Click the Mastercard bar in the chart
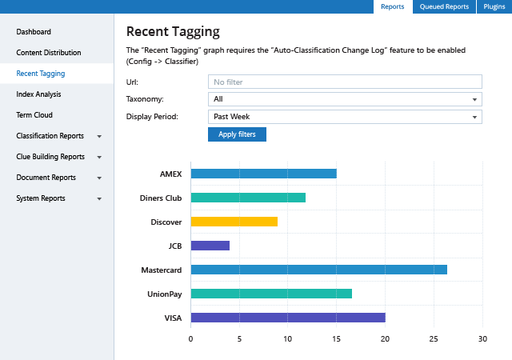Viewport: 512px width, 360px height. (x=318, y=270)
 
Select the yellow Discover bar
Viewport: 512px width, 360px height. (x=234, y=222)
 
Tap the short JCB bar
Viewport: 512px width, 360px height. (x=210, y=246)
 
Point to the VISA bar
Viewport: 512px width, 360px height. (x=288, y=318)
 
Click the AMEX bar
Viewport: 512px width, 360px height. (x=263, y=174)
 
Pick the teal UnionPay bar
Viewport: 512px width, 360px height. (x=271, y=294)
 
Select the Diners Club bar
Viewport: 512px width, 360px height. (x=248, y=198)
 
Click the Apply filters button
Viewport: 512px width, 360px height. (x=237, y=134)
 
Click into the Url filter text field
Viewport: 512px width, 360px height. (x=344, y=82)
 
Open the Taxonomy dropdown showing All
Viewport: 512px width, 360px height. (x=344, y=99)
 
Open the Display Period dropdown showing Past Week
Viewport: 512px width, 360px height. (x=344, y=117)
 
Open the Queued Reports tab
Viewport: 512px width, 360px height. (x=444, y=7)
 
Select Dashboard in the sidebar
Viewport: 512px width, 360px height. (x=34, y=32)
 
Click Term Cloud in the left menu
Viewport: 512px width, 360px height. (x=34, y=115)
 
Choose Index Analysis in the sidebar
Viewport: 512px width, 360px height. (x=38, y=94)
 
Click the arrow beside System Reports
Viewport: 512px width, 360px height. (x=99, y=198)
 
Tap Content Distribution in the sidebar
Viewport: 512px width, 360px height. (x=49, y=53)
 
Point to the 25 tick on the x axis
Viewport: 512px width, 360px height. (x=434, y=339)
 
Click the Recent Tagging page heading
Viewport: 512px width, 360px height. (x=173, y=32)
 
